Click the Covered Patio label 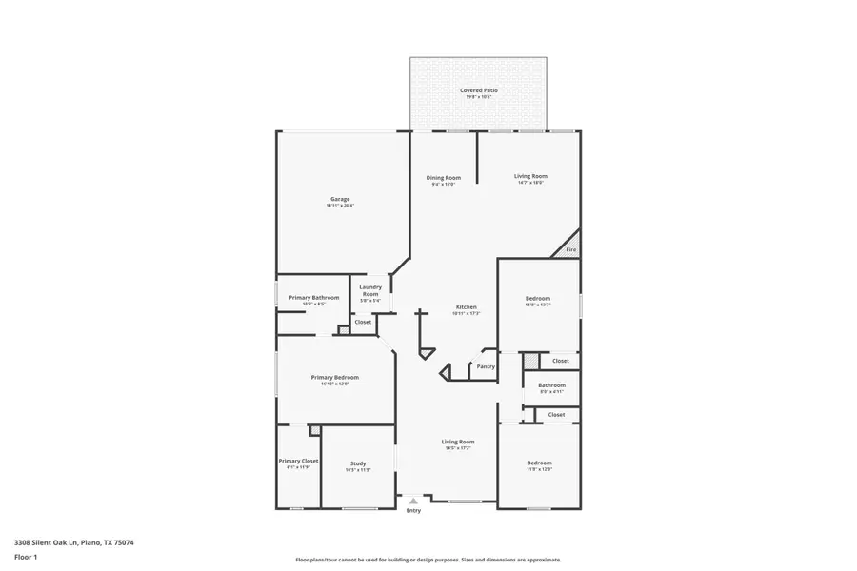pos(479,90)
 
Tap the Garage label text pos(340,199)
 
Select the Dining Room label pos(443,178)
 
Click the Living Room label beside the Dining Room pos(530,176)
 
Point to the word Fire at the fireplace pos(571,249)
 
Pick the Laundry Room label pos(370,290)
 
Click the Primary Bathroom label pos(313,298)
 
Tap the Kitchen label pos(466,307)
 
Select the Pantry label pos(486,366)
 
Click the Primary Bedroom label pos(334,378)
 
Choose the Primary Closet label pos(298,461)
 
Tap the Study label pos(357,463)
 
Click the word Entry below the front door pos(413,511)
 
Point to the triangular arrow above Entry pos(413,501)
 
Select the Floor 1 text pos(26,560)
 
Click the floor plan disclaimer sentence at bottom pos(428,560)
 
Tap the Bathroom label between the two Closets pos(552,385)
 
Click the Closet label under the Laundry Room pos(363,322)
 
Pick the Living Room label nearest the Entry pos(458,442)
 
